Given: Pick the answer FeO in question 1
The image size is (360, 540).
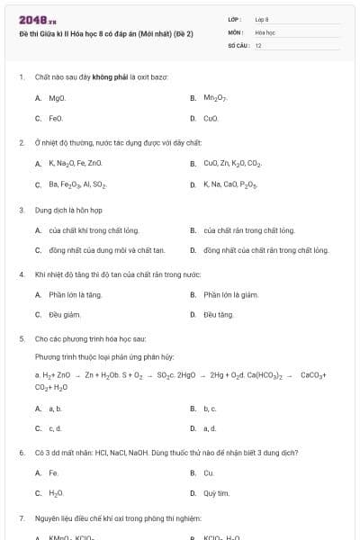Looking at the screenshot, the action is click(56, 118).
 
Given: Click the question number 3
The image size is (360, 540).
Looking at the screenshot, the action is click(22, 210).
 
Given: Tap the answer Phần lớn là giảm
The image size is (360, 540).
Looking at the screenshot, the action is click(231, 294).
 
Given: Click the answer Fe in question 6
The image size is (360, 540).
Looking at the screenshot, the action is click(54, 472).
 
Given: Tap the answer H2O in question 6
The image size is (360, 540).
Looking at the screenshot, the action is click(56, 493).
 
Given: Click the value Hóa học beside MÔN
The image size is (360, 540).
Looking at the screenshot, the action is click(265, 31).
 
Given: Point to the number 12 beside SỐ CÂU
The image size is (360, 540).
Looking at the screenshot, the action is click(259, 45).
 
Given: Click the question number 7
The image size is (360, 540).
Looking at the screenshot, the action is click(22, 519).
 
